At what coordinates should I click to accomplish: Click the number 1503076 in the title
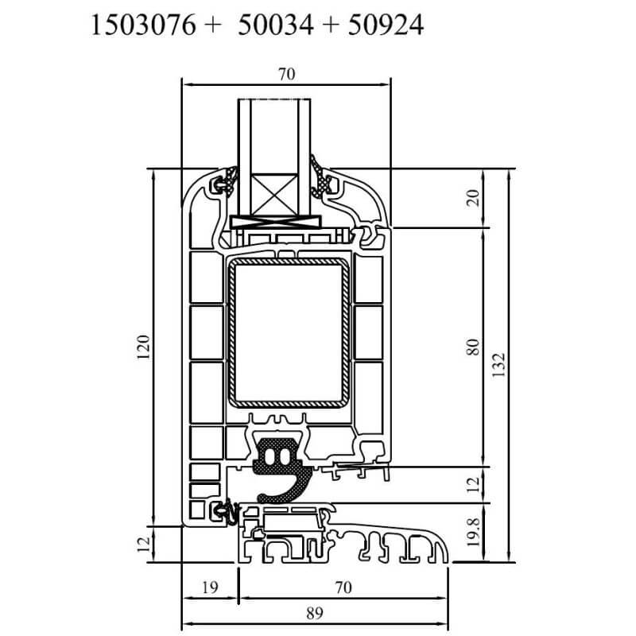144,25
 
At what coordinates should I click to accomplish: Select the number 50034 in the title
276,25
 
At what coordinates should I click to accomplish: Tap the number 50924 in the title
386,25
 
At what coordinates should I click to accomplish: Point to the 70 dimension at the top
287,74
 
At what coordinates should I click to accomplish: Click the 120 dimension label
144,347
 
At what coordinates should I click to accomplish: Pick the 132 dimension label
498,365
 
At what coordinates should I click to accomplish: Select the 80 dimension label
473,347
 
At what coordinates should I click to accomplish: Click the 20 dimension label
473,198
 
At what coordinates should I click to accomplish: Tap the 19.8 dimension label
473,532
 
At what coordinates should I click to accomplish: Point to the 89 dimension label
315,613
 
